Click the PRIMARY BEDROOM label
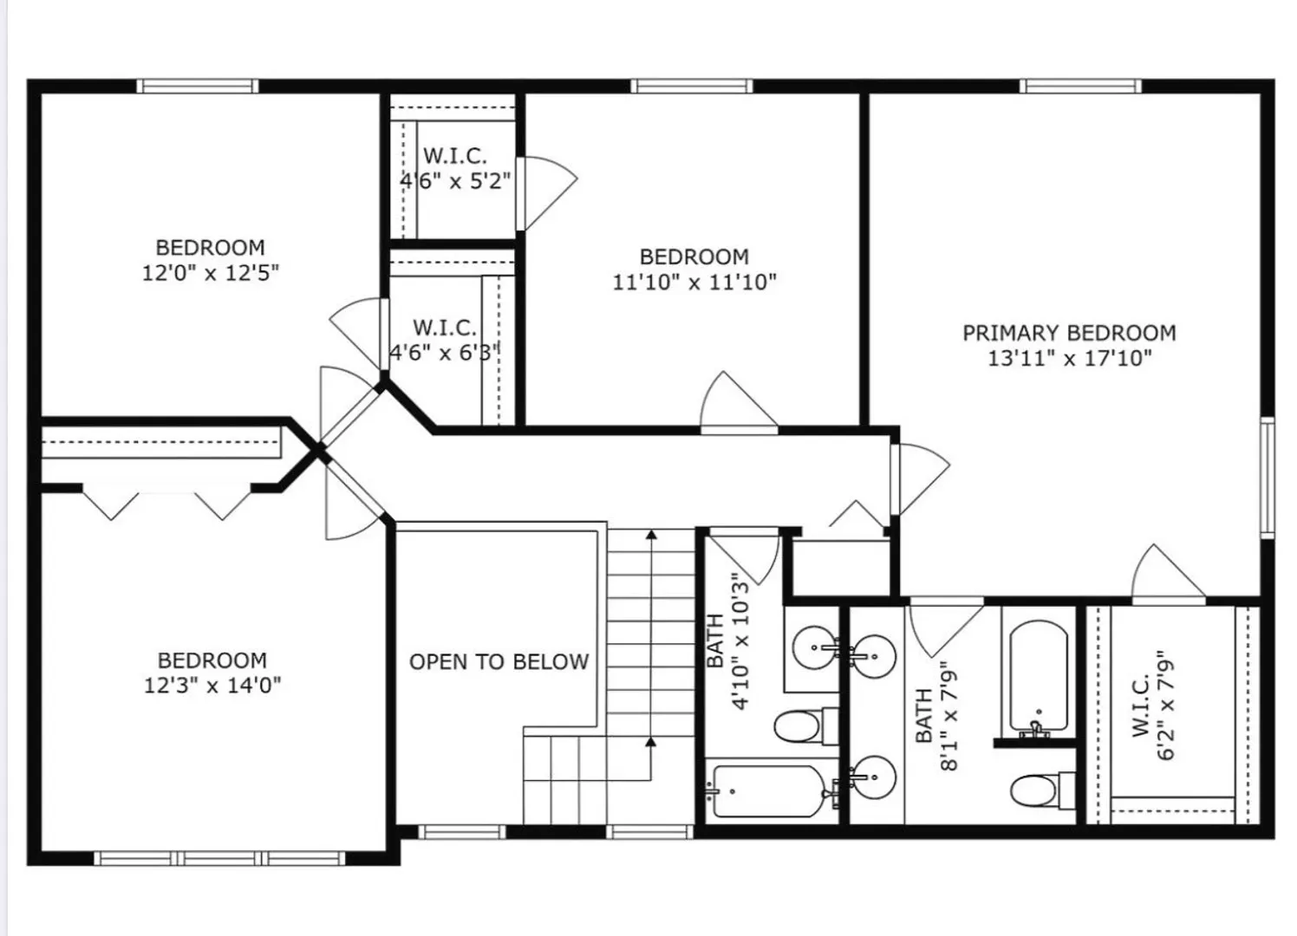pyautogui.click(x=1069, y=333)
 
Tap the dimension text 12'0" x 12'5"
pyautogui.click(x=211, y=273)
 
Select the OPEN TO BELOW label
pyautogui.click(x=499, y=661)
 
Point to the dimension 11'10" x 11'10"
pyautogui.click(x=694, y=282)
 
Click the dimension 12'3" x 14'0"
pyautogui.click(x=212, y=686)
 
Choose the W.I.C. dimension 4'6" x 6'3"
pyautogui.click(x=444, y=352)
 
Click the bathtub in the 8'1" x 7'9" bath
pyautogui.click(x=1039, y=679)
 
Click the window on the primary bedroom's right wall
pyautogui.click(x=1268, y=478)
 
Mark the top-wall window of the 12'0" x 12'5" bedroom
pyautogui.click(x=198, y=87)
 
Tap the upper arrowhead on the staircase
pyautogui.click(x=651, y=534)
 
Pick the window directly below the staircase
pyautogui.click(x=649, y=832)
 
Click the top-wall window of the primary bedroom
pyautogui.click(x=1080, y=87)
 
